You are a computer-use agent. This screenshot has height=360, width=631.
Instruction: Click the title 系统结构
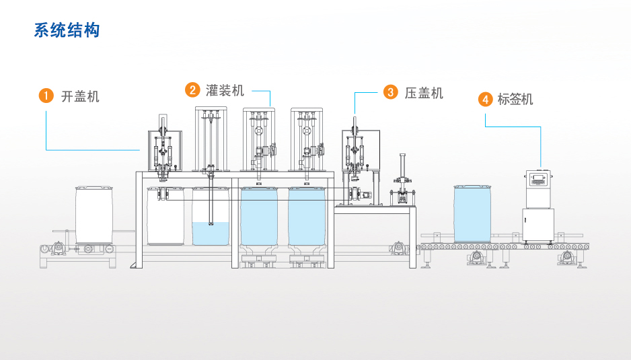(67, 30)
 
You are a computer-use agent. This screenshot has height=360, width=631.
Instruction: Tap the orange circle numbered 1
(45, 96)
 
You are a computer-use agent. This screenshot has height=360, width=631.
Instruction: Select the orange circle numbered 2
(193, 90)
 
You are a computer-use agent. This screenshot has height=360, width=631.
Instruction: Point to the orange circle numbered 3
(391, 92)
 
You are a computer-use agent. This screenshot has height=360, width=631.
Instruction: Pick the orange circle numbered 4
(485, 99)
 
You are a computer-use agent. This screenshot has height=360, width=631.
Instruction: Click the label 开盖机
(80, 96)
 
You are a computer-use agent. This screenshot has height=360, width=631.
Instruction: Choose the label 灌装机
(225, 90)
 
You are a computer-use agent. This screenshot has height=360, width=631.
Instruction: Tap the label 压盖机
(424, 93)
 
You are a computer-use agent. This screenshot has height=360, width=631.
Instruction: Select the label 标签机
(515, 99)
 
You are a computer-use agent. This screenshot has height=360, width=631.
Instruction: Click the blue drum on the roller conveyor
(472, 213)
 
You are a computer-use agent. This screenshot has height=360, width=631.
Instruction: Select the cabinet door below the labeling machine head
(538, 225)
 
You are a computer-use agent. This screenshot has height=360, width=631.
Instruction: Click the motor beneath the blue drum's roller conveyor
(476, 258)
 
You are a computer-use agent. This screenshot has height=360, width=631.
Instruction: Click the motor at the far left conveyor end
(59, 248)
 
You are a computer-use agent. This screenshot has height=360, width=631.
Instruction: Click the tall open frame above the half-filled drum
(211, 139)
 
